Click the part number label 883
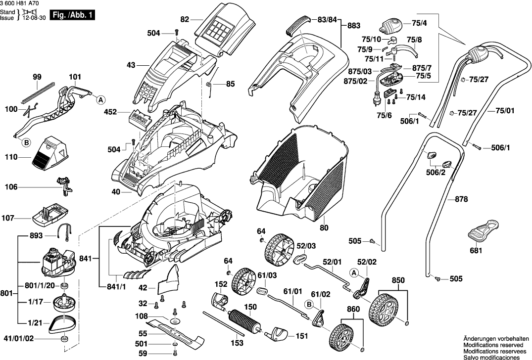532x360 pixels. click(354, 25)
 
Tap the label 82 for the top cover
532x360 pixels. click(185, 19)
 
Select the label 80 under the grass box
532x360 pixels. click(324, 228)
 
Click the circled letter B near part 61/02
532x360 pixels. click(308, 304)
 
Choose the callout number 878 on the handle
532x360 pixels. click(461, 200)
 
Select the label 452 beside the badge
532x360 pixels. click(111, 112)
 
